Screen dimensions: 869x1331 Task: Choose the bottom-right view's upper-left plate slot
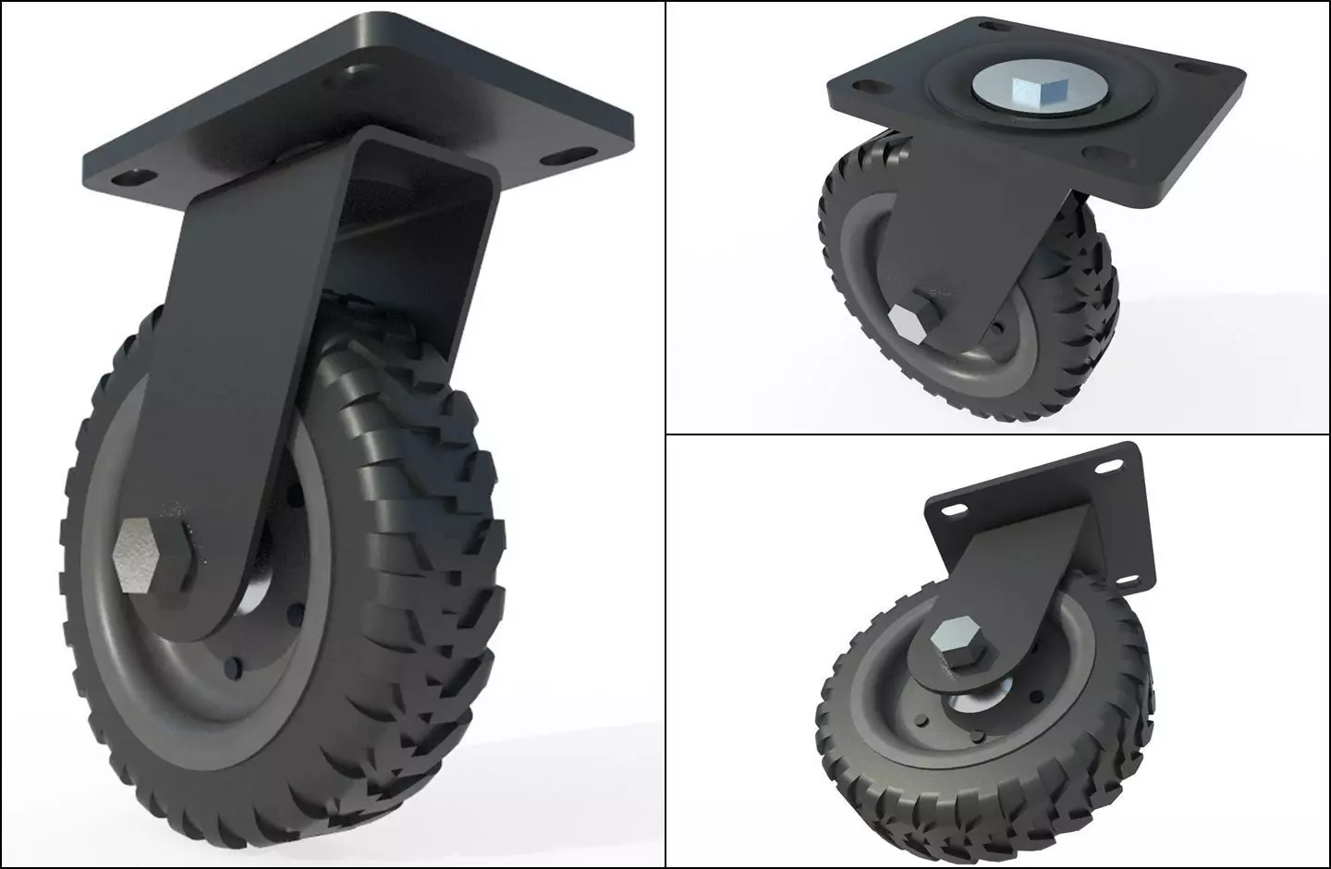pos(952,510)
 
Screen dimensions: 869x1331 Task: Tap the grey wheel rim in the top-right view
pos(855,277)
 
